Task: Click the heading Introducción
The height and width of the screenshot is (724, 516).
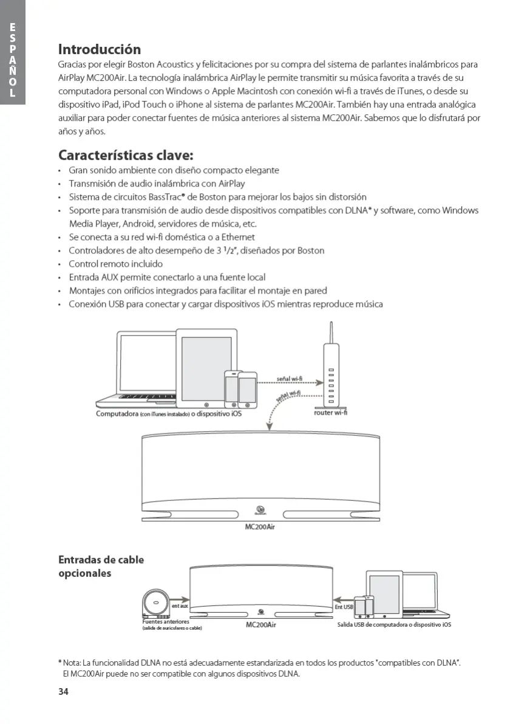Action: point(100,49)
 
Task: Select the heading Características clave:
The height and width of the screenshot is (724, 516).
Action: point(126,155)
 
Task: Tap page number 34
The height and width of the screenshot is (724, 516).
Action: point(63,692)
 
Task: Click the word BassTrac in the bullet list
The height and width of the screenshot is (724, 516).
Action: point(166,197)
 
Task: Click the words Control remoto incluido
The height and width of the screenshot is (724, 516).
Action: point(115,264)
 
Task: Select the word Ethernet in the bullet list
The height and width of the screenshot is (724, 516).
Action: point(238,237)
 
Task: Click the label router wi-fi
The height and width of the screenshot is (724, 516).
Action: point(331,413)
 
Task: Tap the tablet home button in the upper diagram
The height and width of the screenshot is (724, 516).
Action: point(206,404)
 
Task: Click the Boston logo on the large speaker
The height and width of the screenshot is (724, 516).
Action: point(262,510)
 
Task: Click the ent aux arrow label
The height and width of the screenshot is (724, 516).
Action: point(179,605)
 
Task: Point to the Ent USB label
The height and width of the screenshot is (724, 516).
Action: point(344,607)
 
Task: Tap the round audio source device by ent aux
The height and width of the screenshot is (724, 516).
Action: point(156,604)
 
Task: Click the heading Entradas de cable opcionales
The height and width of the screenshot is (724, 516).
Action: point(101,566)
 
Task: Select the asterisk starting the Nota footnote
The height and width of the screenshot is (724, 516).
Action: point(60,662)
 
